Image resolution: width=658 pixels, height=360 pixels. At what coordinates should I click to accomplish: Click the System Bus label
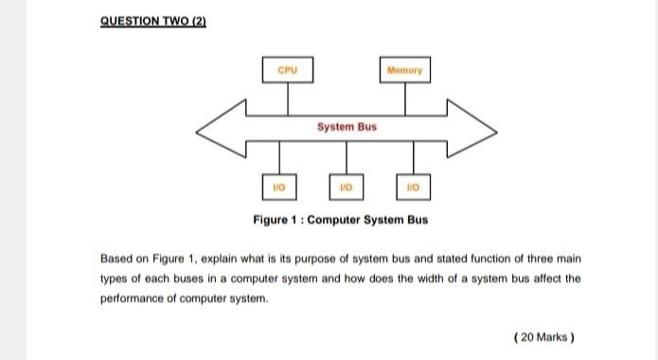[x=346, y=125]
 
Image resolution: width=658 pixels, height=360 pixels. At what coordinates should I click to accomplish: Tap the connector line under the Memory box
[x=406, y=95]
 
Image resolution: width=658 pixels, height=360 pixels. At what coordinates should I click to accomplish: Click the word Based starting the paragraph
[x=117, y=259]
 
